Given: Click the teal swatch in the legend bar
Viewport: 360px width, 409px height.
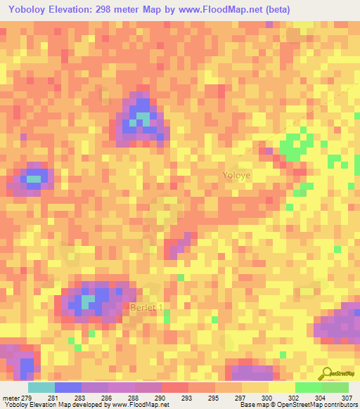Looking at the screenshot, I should [41, 387].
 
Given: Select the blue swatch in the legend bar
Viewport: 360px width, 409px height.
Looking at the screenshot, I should [68, 387].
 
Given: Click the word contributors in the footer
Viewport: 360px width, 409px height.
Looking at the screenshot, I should [340, 405].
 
